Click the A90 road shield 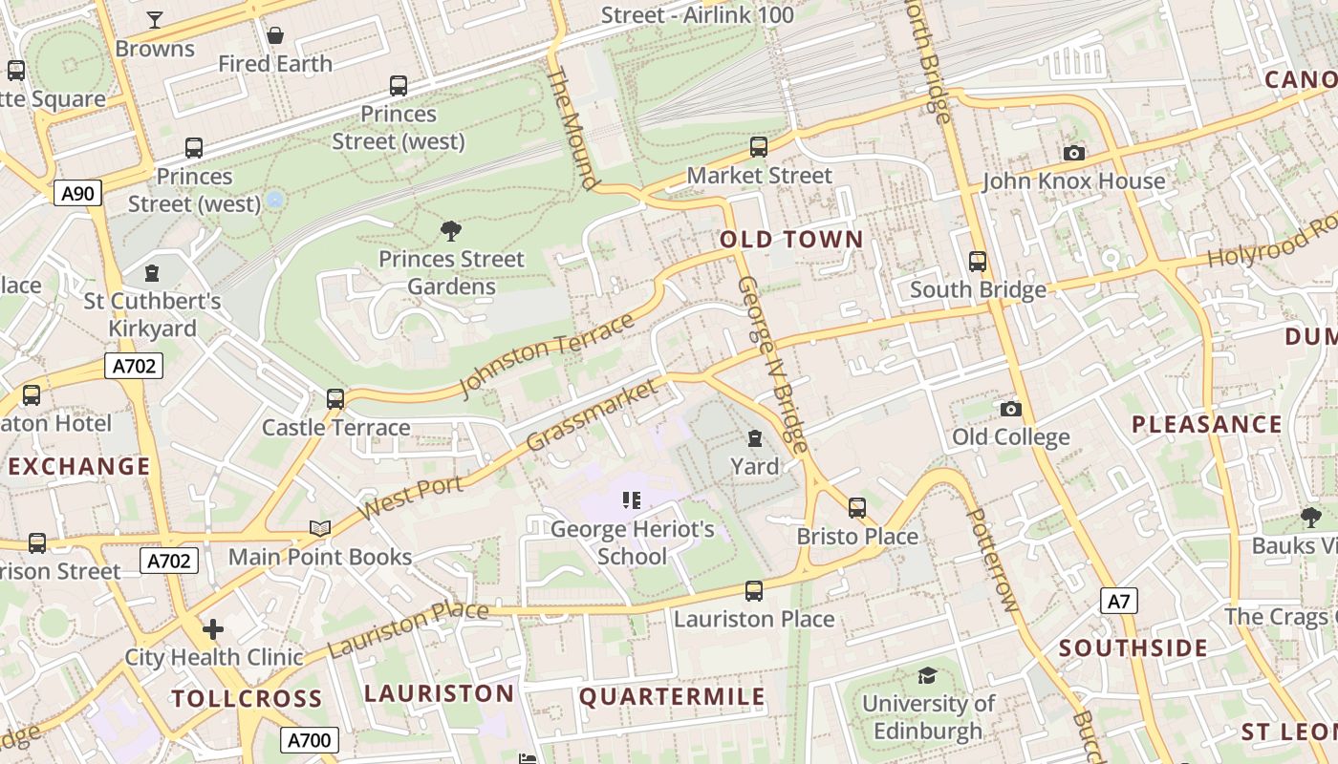point(77,194)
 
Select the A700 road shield point(309,740)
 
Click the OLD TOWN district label point(791,240)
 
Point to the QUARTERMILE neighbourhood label point(672,696)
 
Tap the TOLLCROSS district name point(247,698)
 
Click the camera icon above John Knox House point(1074,153)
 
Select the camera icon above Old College point(1010,409)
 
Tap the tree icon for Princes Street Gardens point(451,230)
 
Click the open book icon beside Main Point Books point(320,528)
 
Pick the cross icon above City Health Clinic point(213,629)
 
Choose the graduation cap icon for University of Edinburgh point(927,676)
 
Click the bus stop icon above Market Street point(759,147)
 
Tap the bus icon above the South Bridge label point(977,262)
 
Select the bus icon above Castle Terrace point(335,399)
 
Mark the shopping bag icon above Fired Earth point(275,35)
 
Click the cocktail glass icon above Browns point(154,20)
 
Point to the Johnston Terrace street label point(547,354)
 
